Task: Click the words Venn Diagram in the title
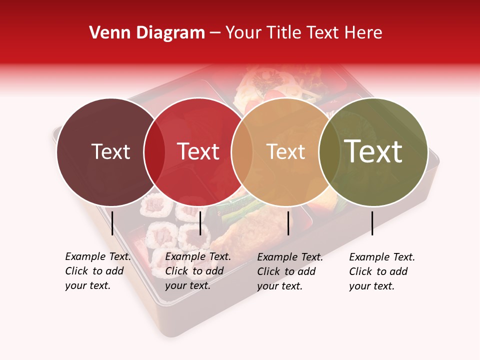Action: click(x=147, y=33)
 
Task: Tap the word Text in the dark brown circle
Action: click(x=110, y=151)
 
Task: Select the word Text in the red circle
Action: click(x=198, y=151)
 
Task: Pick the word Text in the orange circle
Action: click(x=285, y=151)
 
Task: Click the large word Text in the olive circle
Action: click(x=373, y=151)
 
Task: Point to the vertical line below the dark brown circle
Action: click(x=112, y=223)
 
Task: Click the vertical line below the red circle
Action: click(x=200, y=223)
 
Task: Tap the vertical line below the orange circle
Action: click(x=288, y=223)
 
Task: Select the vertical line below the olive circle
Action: click(x=372, y=223)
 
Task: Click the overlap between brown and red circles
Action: click(x=154, y=151)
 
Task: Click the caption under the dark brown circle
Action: click(x=97, y=271)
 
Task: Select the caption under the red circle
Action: click(x=197, y=271)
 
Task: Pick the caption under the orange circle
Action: click(x=289, y=271)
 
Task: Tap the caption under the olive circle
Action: click(x=381, y=271)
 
